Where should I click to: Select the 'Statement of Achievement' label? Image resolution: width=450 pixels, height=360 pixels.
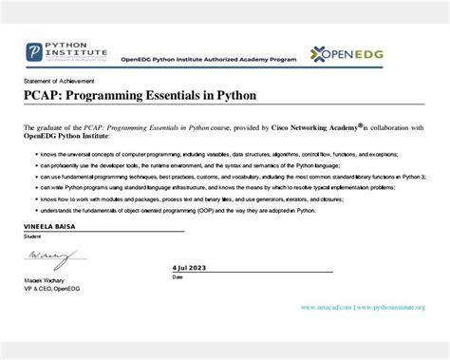coord(50,83)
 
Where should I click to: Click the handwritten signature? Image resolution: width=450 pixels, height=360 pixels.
coord(47,257)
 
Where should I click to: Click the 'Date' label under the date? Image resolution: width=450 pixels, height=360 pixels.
coord(178,277)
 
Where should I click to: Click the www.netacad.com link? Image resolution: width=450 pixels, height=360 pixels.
coord(327,308)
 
